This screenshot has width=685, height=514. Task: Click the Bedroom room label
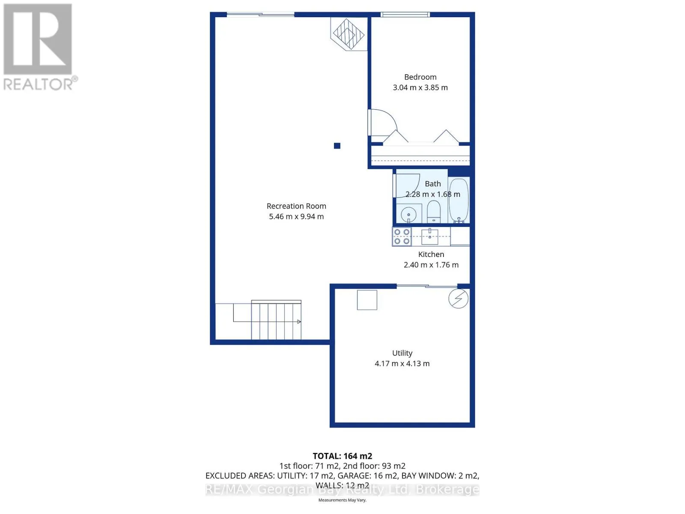coord(420,77)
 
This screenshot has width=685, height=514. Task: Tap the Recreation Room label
coord(296,206)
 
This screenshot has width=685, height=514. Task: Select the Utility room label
coord(402,353)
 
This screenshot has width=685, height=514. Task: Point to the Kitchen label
coord(431,254)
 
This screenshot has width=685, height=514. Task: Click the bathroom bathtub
coord(459,200)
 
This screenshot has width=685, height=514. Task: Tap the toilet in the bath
coord(433,212)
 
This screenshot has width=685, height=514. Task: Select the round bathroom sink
coord(408,215)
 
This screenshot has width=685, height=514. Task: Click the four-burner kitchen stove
coord(402,236)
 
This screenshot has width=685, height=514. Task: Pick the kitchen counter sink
coord(430,237)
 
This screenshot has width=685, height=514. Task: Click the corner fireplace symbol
coord(348,34)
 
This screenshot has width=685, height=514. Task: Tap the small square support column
coord(337,146)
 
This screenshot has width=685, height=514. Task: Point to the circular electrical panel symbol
coord(458,299)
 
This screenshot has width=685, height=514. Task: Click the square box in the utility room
coord(366,300)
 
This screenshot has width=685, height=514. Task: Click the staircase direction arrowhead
coord(299,321)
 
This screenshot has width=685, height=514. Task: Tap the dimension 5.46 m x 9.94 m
coord(296,217)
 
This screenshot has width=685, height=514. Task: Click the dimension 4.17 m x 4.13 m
coord(402,364)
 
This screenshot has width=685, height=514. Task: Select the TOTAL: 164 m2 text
coord(342,456)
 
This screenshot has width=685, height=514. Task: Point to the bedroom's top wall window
coord(405,15)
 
